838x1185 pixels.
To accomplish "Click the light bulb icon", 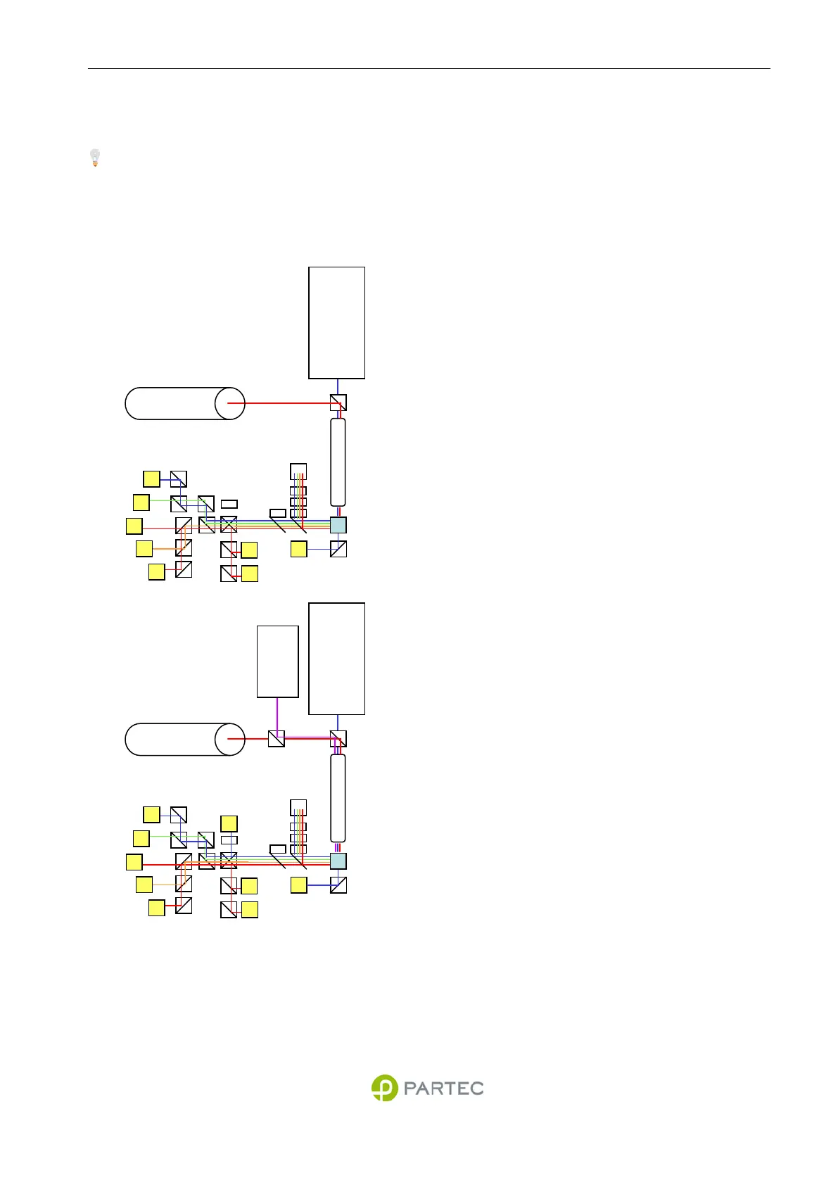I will [95, 158].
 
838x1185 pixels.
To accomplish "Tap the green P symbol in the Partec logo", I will [385, 1088].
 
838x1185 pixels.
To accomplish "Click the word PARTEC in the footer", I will [443, 1089].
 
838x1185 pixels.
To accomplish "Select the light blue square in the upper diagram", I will [338, 525].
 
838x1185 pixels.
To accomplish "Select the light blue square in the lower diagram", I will [338, 861].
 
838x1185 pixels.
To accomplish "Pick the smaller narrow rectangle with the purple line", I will [278, 661].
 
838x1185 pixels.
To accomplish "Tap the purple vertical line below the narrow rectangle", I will [277, 714].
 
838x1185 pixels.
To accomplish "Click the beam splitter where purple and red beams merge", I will [277, 739].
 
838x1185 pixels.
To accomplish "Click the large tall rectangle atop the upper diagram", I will [337, 322].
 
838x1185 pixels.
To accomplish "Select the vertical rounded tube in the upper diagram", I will [338, 462].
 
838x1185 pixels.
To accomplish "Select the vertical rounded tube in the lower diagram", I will [338, 798].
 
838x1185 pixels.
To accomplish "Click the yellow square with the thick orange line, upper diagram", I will [144, 549].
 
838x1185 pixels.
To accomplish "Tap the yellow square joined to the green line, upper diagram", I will [141, 502].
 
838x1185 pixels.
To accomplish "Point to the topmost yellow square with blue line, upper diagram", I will [151, 479].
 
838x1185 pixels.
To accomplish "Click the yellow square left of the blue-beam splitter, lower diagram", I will [299, 885].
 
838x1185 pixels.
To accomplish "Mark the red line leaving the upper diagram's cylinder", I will [281, 403].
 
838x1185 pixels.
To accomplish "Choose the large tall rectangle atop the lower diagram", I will [337, 659].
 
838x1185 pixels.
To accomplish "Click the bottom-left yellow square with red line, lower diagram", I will [157, 908].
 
